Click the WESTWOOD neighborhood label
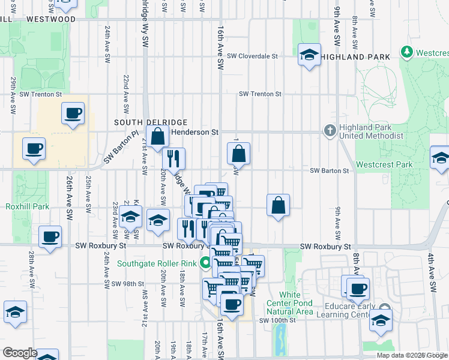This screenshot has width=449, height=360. [50, 19]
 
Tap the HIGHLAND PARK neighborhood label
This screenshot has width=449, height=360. [355, 56]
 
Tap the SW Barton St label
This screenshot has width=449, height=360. [329, 171]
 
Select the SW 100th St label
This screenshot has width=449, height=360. [278, 320]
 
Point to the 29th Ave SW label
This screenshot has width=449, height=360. [13, 95]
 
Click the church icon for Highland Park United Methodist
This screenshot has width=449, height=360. [329, 131]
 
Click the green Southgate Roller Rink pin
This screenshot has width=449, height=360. [205, 263]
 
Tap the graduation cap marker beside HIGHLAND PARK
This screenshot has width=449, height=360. [309, 56]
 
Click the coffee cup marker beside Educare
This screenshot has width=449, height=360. [359, 288]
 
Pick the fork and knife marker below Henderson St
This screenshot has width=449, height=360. [173, 159]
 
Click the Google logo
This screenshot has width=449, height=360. [20, 352]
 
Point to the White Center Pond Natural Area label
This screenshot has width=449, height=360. [289, 303]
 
